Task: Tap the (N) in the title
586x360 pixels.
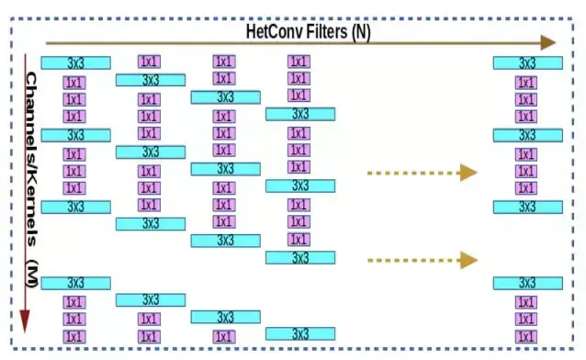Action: click(x=355, y=30)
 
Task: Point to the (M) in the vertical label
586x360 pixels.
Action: click(x=30, y=273)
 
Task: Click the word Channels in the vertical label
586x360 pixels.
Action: click(x=30, y=106)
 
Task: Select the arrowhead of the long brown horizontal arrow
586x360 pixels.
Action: click(x=548, y=42)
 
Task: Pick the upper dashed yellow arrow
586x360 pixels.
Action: click(x=422, y=172)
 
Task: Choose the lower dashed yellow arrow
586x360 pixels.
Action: click(x=422, y=260)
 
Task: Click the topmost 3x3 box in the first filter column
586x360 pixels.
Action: click(x=75, y=62)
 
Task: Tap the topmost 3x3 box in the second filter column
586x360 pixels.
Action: click(x=151, y=80)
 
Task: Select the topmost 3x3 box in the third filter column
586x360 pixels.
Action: click(x=225, y=96)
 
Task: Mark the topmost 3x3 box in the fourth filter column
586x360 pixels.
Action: click(x=300, y=114)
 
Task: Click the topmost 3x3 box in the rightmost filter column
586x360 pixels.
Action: click(x=527, y=62)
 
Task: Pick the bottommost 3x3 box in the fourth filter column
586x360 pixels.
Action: click(x=300, y=333)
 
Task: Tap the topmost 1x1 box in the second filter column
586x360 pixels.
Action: click(x=149, y=62)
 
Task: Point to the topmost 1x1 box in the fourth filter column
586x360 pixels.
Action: click(x=299, y=62)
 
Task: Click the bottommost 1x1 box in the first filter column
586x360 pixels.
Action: click(x=74, y=337)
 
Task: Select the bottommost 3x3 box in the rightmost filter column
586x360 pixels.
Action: click(x=527, y=283)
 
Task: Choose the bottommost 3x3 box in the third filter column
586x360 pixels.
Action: click(x=225, y=317)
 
